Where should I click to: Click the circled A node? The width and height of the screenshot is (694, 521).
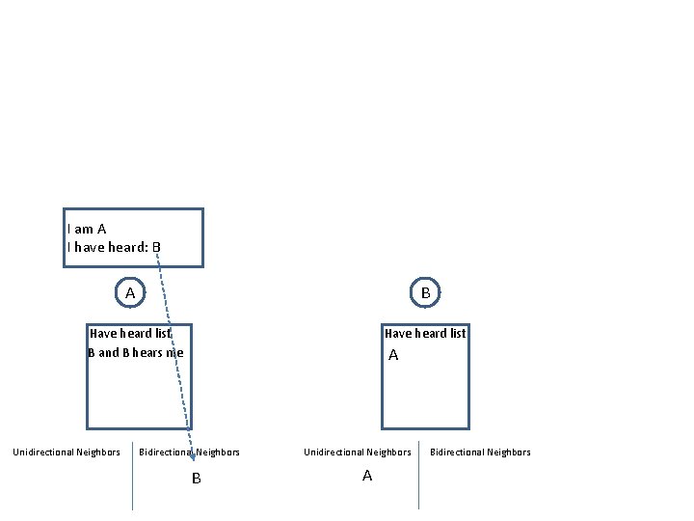(x=130, y=291)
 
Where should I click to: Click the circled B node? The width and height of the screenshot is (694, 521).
(x=425, y=291)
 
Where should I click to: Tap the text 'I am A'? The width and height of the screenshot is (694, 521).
(x=87, y=229)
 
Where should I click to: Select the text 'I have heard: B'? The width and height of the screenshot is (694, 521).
(x=114, y=247)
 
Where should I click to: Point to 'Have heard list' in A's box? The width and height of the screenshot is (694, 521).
(x=130, y=334)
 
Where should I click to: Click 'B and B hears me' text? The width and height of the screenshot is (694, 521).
(x=135, y=352)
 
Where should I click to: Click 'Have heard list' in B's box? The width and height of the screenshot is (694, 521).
(x=425, y=334)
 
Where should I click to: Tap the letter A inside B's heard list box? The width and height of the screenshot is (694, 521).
(x=393, y=355)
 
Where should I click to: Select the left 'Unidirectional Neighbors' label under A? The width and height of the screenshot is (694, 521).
(x=67, y=452)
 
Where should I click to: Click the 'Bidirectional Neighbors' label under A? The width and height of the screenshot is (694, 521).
(x=190, y=452)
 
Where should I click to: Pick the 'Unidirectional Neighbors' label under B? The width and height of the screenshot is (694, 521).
(x=358, y=452)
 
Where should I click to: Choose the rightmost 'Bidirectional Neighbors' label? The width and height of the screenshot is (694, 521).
(x=480, y=452)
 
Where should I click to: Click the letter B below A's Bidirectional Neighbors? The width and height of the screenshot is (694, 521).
(x=197, y=479)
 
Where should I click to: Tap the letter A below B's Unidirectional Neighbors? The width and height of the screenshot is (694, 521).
(x=367, y=476)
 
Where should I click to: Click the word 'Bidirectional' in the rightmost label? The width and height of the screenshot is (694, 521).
(x=459, y=452)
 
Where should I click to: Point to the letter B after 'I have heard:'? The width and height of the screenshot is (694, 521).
(x=156, y=247)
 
